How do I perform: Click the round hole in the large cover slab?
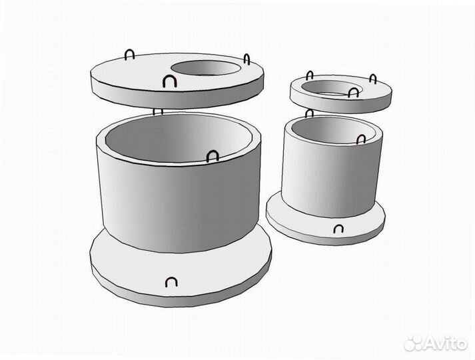pos(206,68)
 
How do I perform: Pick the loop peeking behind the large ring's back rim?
pos(158,111)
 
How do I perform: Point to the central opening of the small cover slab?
pos(332,87)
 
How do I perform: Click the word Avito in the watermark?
pos(446,343)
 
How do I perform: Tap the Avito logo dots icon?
pos(414,343)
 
